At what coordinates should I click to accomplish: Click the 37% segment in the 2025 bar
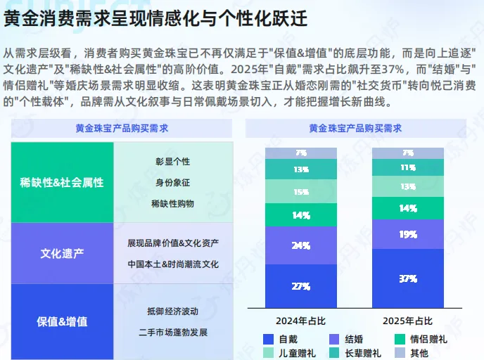(x=408, y=279)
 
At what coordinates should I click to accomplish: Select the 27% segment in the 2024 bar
(x=301, y=286)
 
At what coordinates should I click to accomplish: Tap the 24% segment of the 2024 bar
(x=301, y=246)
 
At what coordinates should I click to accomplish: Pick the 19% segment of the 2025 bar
(x=408, y=234)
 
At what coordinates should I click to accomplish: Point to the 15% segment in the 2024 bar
(x=301, y=192)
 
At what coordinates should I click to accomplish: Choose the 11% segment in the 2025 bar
(x=408, y=168)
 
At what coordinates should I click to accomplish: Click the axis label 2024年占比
(x=300, y=321)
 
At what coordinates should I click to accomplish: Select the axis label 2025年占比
(x=408, y=321)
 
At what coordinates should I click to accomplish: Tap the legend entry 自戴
(x=282, y=339)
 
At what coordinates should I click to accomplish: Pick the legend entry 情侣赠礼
(x=421, y=339)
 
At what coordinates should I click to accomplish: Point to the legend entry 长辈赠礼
(x=355, y=352)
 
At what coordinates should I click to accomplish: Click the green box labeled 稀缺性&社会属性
(x=62, y=182)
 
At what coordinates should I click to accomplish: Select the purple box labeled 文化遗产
(x=62, y=253)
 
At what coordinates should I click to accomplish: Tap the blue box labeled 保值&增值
(x=62, y=321)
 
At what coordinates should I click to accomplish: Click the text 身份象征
(x=173, y=182)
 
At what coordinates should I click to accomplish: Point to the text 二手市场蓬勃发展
(x=173, y=332)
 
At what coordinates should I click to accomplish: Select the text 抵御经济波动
(x=173, y=311)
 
